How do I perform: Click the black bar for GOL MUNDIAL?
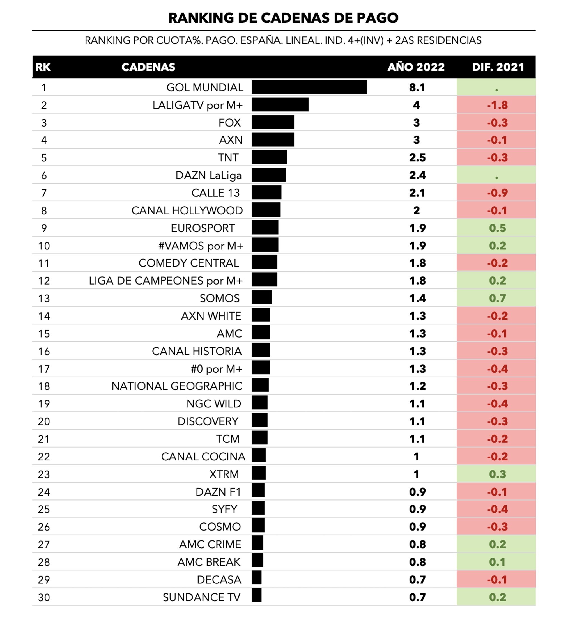tap(309, 87)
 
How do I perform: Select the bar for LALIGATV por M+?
tap(280, 105)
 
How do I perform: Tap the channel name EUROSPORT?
tap(203, 228)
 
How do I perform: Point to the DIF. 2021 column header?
tap(498, 67)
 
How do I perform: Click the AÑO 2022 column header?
tap(416, 67)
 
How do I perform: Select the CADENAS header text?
tap(148, 67)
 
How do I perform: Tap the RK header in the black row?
tap(43, 67)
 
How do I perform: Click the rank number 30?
tap(44, 597)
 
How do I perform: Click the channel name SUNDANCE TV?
tap(201, 597)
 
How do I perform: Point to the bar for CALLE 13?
tap(266, 192)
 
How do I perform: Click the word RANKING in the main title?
tap(201, 18)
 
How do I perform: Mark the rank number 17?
tap(44, 369)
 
